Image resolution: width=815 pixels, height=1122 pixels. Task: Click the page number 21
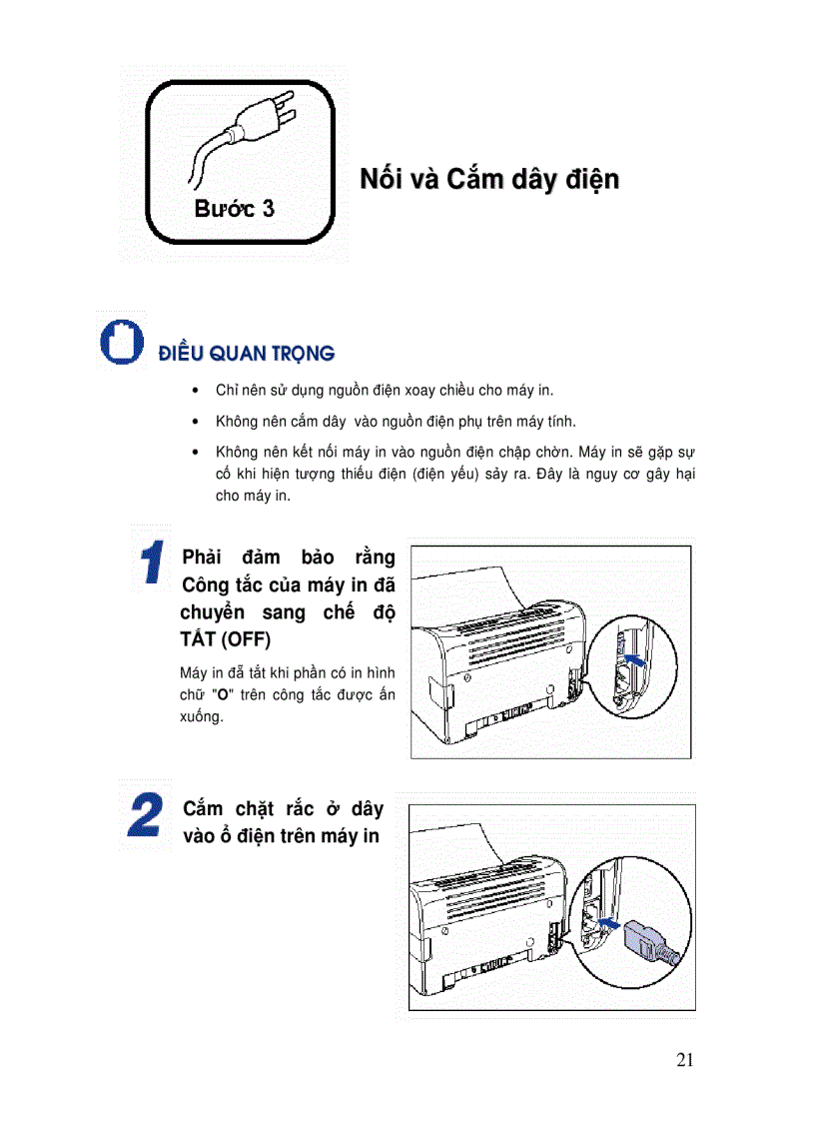684,1060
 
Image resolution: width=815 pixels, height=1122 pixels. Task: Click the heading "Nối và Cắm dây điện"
489,180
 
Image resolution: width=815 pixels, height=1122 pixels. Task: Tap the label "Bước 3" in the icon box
235,209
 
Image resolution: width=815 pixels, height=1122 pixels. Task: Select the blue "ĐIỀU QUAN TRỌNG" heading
246,353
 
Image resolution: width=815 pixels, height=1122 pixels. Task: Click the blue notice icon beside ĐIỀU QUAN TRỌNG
120,340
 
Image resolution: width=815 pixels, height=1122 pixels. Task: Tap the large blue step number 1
151,562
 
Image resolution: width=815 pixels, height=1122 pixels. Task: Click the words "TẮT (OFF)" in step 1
225,639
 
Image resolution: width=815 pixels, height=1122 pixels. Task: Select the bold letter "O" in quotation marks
223,694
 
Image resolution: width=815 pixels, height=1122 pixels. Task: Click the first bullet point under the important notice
193,391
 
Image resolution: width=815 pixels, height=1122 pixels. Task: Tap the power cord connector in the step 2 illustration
649,941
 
